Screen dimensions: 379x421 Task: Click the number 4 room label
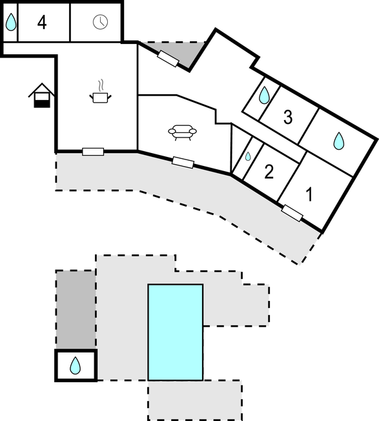pyautogui.click(x=42, y=23)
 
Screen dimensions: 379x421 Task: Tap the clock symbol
pyautogui.click(x=100, y=22)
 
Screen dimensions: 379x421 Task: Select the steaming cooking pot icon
pyautogui.click(x=100, y=92)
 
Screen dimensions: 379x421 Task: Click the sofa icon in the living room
pyautogui.click(x=182, y=132)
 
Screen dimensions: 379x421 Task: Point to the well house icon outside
pyautogui.click(x=42, y=96)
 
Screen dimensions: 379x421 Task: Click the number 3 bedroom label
pyautogui.click(x=288, y=117)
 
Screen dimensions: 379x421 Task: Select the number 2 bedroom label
pyautogui.click(x=269, y=172)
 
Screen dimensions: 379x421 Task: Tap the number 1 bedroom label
pyautogui.click(x=309, y=194)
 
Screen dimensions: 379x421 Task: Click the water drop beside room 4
pyautogui.click(x=11, y=23)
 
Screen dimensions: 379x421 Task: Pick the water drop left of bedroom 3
pyautogui.click(x=264, y=95)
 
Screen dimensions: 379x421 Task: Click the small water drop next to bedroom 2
pyautogui.click(x=248, y=156)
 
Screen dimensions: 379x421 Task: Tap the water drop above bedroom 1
pyautogui.click(x=339, y=141)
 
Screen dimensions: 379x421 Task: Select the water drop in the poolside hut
pyautogui.click(x=75, y=365)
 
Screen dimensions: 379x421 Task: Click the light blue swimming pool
pyautogui.click(x=176, y=332)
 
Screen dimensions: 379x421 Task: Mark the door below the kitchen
pyautogui.click(x=93, y=152)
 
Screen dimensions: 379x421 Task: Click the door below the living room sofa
pyautogui.click(x=183, y=163)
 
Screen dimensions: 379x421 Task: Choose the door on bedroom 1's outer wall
pyautogui.click(x=292, y=213)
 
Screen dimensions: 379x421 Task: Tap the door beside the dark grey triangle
pyautogui.click(x=168, y=59)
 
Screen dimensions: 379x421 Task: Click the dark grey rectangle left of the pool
pyautogui.click(x=76, y=310)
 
